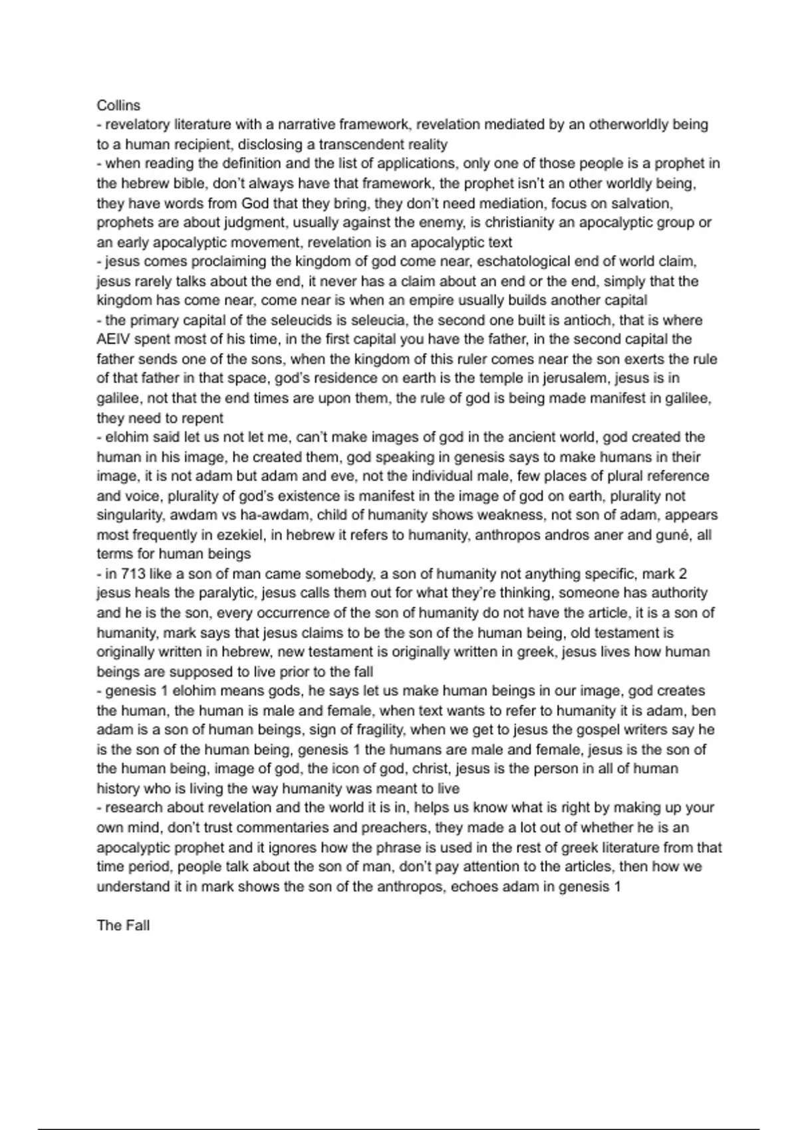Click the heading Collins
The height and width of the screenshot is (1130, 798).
click(118, 105)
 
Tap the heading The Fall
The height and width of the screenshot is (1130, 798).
click(123, 925)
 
